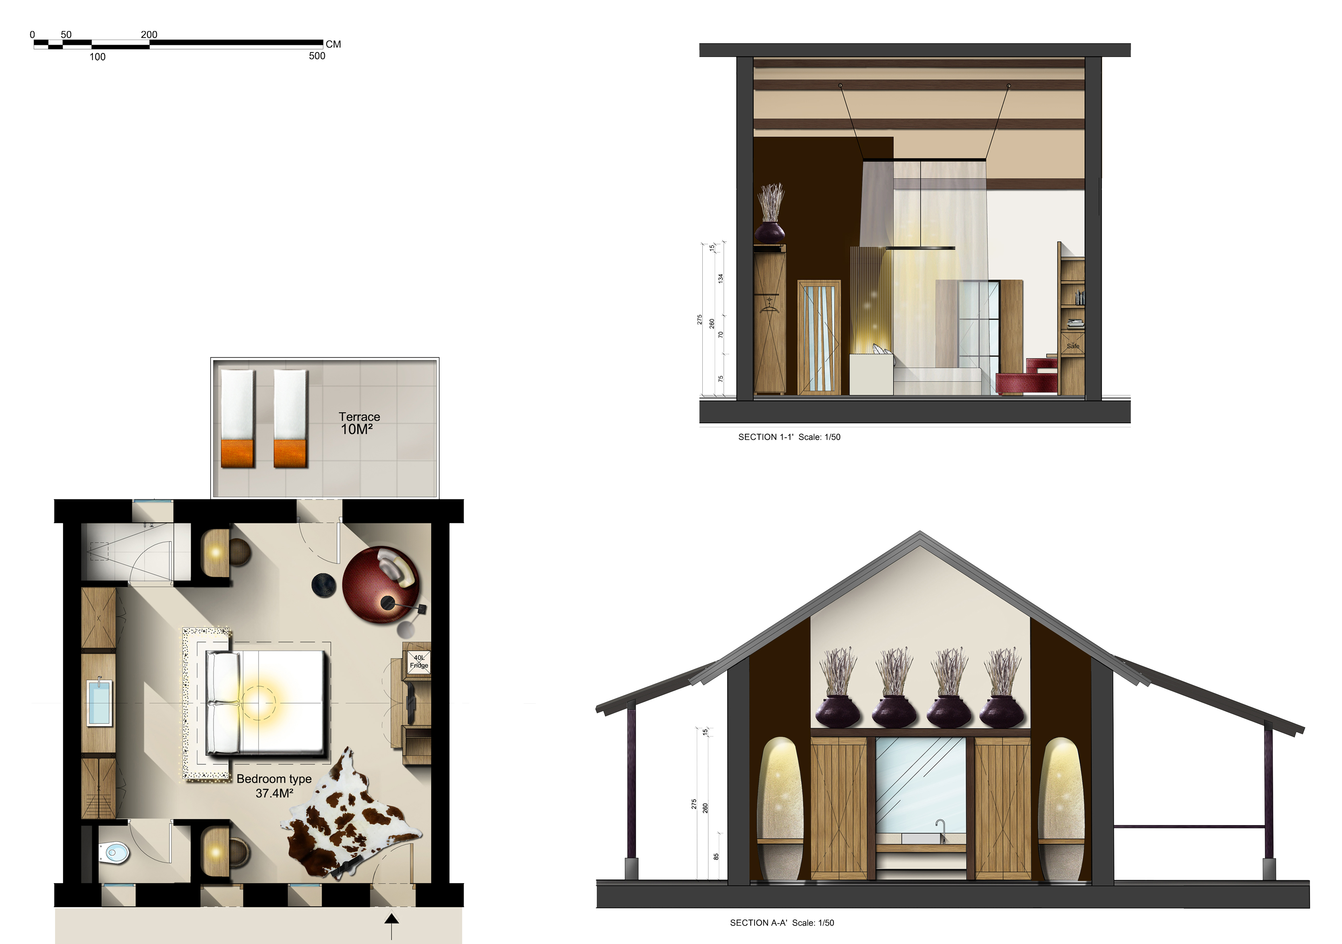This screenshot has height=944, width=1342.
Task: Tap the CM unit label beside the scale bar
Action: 333,44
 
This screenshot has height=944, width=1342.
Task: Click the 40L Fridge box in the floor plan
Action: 419,661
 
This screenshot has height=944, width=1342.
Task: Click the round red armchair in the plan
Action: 380,585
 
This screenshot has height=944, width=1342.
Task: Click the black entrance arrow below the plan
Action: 392,926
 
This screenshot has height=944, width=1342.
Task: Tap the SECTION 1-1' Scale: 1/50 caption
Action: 789,437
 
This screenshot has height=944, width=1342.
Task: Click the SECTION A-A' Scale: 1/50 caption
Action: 782,922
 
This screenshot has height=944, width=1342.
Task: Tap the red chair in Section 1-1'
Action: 1027,377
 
